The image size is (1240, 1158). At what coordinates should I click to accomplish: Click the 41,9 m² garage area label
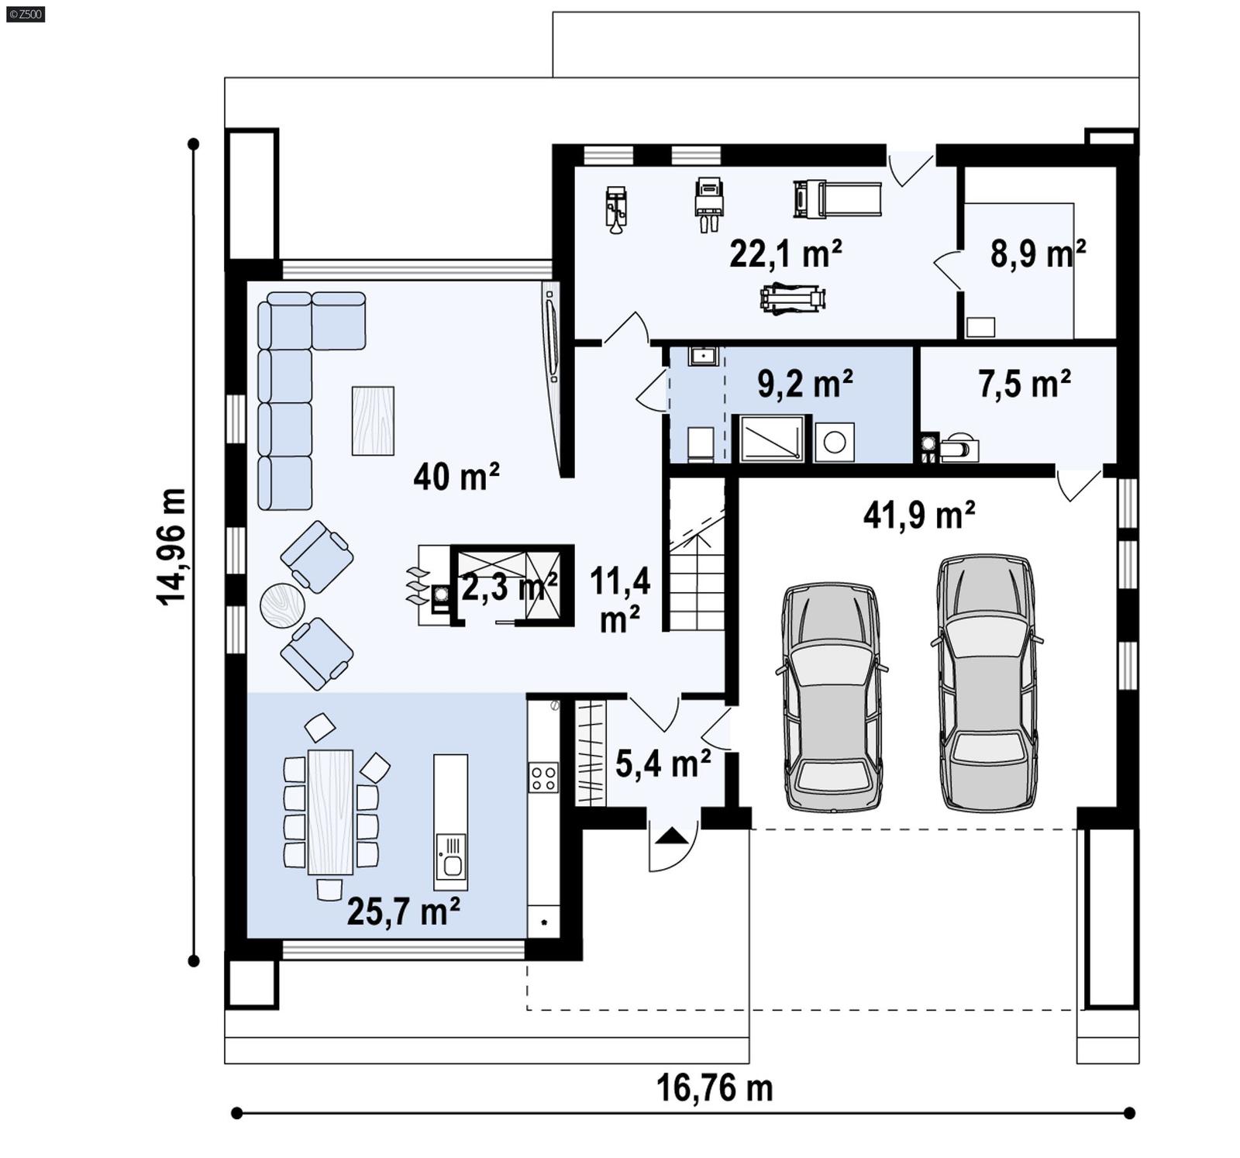(x=918, y=515)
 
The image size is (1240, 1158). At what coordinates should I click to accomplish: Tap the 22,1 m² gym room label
(x=785, y=253)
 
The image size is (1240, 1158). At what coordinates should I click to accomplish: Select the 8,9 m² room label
(x=1037, y=253)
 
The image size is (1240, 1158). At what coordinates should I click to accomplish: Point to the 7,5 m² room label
(x=1024, y=384)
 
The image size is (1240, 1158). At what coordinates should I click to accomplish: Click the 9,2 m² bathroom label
(x=804, y=384)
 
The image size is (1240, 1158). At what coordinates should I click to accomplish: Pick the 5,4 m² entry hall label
(x=663, y=763)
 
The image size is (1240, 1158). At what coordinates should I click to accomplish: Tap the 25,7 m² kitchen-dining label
(x=403, y=912)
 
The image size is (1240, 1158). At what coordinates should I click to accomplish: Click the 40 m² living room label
(x=456, y=476)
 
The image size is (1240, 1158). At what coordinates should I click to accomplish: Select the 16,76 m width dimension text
(x=715, y=1088)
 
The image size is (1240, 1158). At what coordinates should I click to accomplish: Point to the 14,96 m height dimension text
(x=171, y=547)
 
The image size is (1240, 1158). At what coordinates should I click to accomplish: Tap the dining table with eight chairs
(x=330, y=812)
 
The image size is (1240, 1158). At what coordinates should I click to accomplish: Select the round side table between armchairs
(x=282, y=605)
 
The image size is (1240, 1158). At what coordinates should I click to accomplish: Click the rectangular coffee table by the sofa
(x=373, y=421)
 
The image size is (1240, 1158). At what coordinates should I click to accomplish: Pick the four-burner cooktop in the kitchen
(x=543, y=777)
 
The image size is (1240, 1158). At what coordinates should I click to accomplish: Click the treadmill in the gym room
(x=837, y=199)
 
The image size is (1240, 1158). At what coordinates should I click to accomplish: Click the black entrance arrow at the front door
(x=671, y=836)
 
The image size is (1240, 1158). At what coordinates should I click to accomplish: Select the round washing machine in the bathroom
(x=834, y=443)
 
